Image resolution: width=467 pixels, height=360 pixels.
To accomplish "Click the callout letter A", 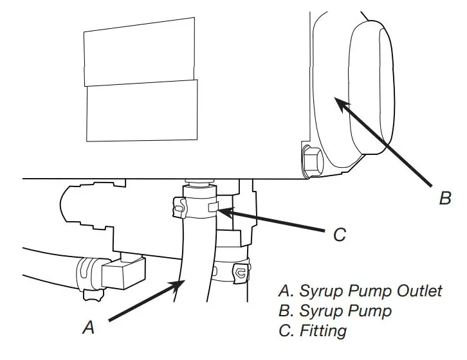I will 89,328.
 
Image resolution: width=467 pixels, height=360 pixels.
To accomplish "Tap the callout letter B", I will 445,198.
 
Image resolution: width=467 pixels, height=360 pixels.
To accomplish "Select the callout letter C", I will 340,235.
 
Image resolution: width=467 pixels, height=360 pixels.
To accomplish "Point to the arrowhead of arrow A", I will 178,283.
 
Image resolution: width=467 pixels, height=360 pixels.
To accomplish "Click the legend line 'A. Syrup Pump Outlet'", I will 360,291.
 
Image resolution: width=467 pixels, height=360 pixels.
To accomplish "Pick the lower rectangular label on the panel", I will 141,110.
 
